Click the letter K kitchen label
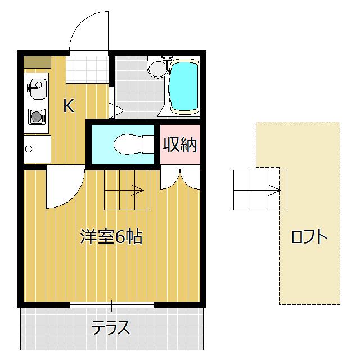68,105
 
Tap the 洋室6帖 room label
111,237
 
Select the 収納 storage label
180,145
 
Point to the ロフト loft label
309,237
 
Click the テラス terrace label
111,327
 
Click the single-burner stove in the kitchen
37,117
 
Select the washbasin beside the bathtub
157,69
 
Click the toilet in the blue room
133,144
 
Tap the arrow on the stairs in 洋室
137,190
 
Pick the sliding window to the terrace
111,305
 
